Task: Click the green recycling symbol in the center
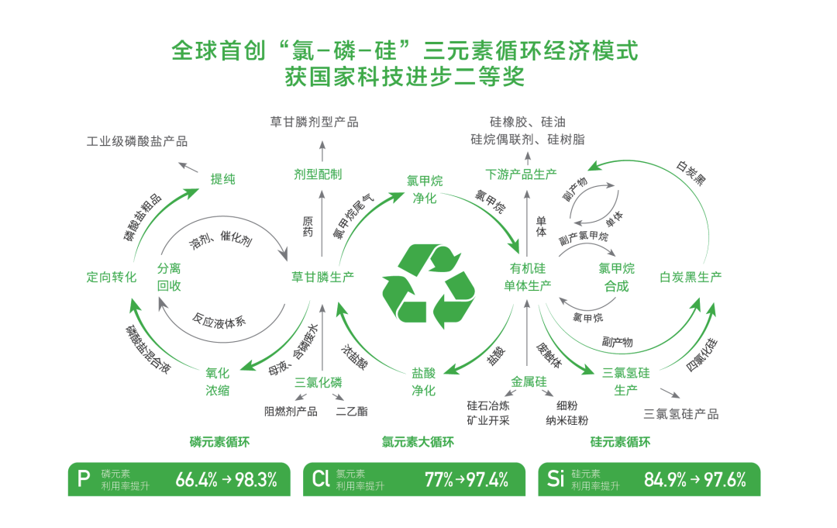pyautogui.click(x=428, y=285)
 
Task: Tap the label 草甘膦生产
pyautogui.click(x=322, y=277)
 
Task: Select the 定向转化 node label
pyautogui.click(x=112, y=277)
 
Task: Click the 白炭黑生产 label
pyautogui.click(x=691, y=277)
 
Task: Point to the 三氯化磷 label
pyautogui.click(x=319, y=382)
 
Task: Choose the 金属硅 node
pyautogui.click(x=529, y=381)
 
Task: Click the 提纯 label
pyautogui.click(x=222, y=179)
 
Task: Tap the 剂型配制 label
pyautogui.click(x=318, y=174)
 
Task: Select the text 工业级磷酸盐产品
pyautogui.click(x=137, y=141)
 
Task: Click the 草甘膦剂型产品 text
pyautogui.click(x=314, y=123)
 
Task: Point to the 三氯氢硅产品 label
pyautogui.click(x=680, y=414)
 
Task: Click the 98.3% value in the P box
pyautogui.click(x=257, y=480)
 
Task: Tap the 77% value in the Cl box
pyautogui.click(x=439, y=480)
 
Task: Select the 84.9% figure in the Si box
pyautogui.click(x=665, y=480)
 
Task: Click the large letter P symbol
pyautogui.click(x=84, y=479)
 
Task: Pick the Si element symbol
pyautogui.click(x=556, y=479)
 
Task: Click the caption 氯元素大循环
pyautogui.click(x=418, y=442)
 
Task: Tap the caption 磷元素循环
pyautogui.click(x=219, y=442)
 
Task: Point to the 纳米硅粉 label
pyautogui.click(x=567, y=421)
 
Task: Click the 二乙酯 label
pyautogui.click(x=352, y=411)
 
